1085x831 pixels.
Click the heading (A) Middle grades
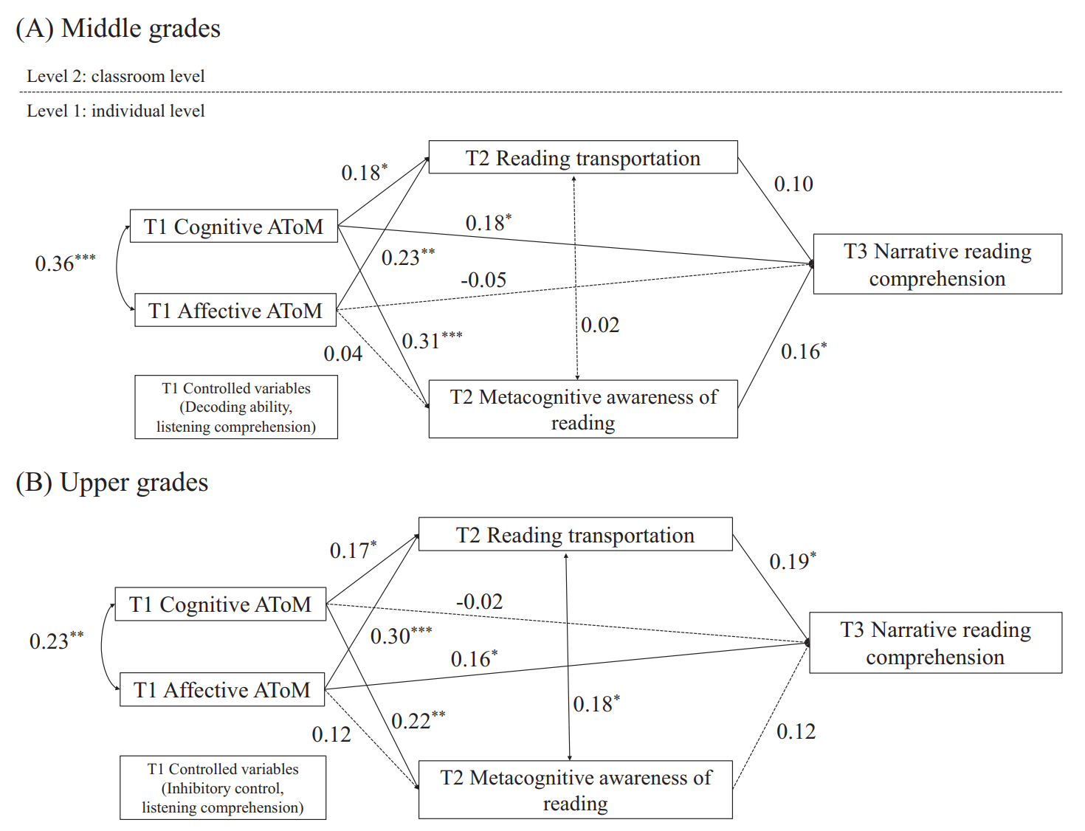coord(118,29)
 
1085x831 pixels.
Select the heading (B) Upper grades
coord(112,483)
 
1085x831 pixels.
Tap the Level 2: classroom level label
coord(116,76)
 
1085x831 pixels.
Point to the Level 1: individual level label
coord(116,111)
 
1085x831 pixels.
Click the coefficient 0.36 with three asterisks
coord(64,263)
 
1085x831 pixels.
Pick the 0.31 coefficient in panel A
coord(431,340)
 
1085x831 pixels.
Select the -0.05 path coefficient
coord(483,280)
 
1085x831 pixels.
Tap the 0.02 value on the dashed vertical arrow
coord(599,325)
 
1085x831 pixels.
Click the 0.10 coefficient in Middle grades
coord(793,184)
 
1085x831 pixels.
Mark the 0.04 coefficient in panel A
coord(343,354)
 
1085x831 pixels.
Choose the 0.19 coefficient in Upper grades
coord(792,562)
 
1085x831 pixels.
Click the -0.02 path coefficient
coord(479,602)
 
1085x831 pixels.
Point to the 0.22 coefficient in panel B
coord(418,720)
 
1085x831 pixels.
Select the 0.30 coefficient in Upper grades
coord(401,635)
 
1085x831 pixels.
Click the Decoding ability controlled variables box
coord(236,407)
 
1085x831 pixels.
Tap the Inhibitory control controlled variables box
coord(223,788)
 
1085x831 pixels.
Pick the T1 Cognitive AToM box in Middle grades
coord(233,227)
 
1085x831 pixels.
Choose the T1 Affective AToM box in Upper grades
coord(222,690)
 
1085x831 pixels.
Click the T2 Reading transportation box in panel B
coord(575,535)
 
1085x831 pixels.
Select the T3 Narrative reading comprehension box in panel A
coord(937,265)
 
